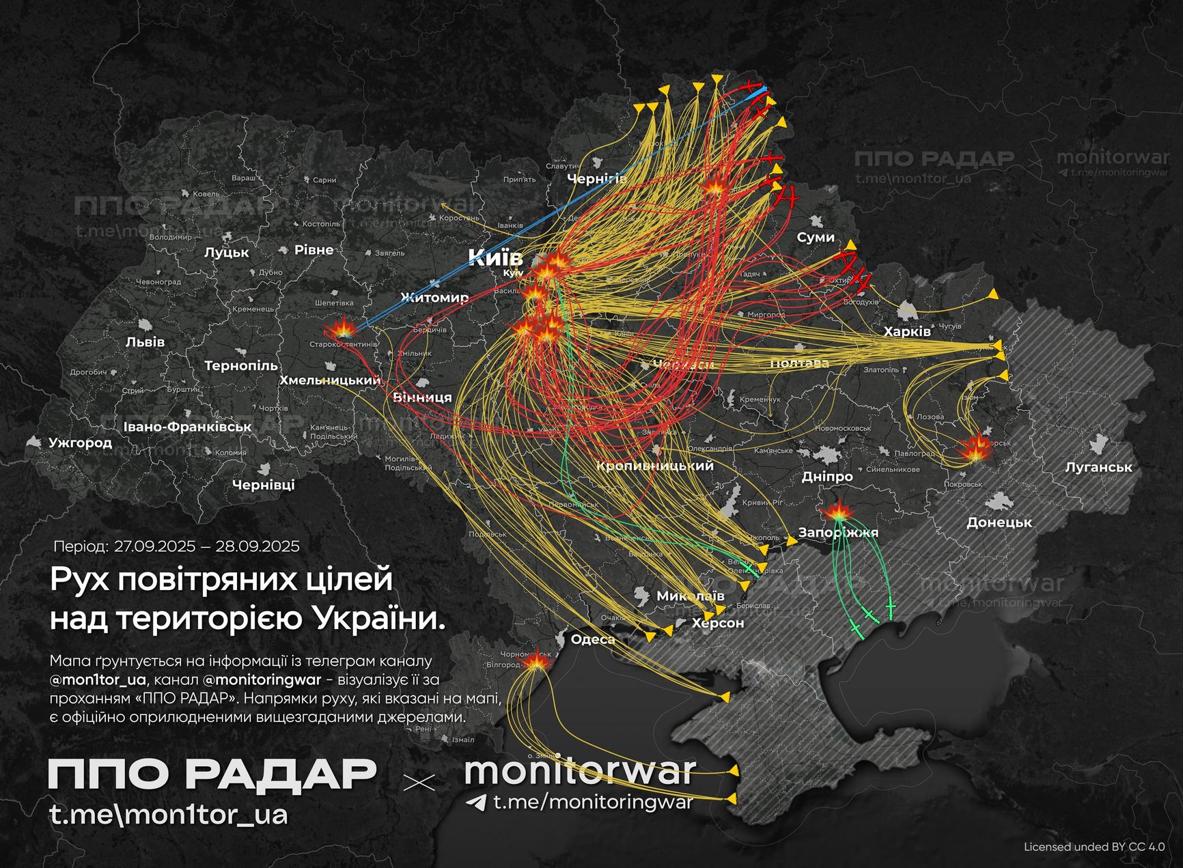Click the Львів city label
coord(145,341)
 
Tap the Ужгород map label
coord(80,443)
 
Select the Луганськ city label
coord(1098,467)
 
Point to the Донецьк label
coord(999,522)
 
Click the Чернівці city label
coord(263,485)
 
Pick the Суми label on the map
coord(816,237)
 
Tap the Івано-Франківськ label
coord(187,427)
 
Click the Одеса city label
coord(592,639)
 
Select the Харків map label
coord(907,332)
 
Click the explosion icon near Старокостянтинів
coord(339,331)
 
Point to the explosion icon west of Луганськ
coord(975,448)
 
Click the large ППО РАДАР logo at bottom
coord(212,774)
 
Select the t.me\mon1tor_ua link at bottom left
coord(168,814)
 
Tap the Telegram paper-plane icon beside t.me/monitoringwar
coord(476,802)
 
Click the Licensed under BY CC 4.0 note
coord(1094,847)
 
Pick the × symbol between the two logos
coord(419,783)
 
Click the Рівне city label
coord(314,250)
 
